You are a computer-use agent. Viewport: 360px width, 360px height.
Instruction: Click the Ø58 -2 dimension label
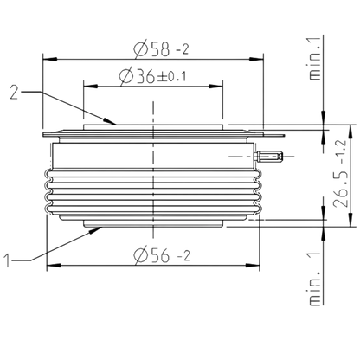pos(161,49)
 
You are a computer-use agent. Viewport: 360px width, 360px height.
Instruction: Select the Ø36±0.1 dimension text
pos(152,76)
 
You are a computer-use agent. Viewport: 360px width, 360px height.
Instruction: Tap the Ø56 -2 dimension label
pos(162,255)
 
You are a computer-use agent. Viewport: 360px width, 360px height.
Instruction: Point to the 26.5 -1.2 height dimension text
pos(341,174)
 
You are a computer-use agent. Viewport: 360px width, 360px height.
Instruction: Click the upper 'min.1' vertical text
pos(315,59)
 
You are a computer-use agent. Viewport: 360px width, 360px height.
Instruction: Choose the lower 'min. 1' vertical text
pos(315,279)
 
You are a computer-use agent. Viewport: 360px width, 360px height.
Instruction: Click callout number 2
pos(14,93)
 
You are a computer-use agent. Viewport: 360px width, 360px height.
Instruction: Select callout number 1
pos(8,260)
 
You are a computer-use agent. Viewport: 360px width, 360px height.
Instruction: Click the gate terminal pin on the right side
pos(269,157)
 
